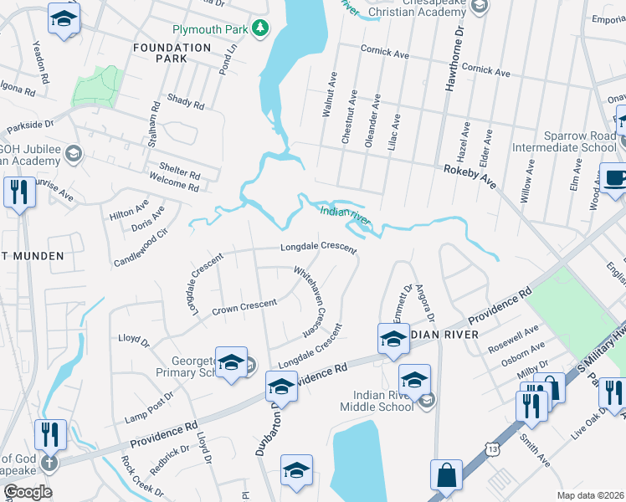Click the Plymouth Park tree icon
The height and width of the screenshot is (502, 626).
click(261, 29)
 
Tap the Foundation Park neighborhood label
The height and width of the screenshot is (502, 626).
click(172, 48)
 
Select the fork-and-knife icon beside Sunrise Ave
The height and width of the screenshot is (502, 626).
click(18, 192)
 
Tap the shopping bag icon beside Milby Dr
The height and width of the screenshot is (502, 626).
click(549, 387)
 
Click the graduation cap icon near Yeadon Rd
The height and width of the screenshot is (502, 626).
click(63, 19)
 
